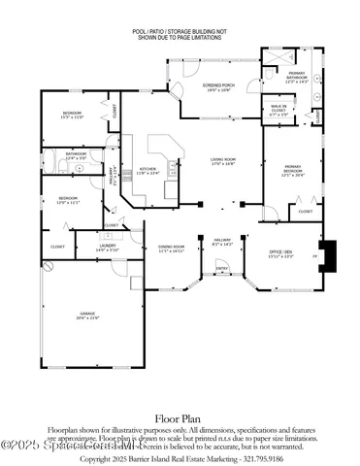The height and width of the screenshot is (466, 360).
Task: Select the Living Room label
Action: (x=224, y=162)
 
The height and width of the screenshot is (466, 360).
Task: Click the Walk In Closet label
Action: (x=278, y=111)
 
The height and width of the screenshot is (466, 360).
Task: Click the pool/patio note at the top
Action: (x=180, y=35)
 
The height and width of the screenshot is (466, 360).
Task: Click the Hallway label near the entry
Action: (x=222, y=244)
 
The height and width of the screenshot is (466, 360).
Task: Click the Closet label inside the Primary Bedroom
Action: (x=304, y=211)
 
